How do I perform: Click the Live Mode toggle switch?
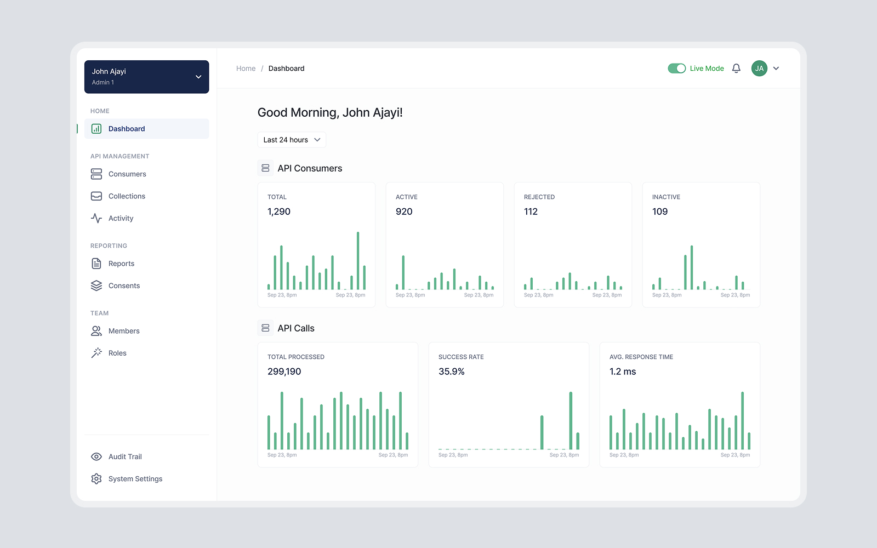pyautogui.click(x=676, y=68)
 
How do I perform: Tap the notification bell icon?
pyautogui.click(x=736, y=68)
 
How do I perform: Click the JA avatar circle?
pyautogui.click(x=759, y=68)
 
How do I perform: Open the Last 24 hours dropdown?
pyautogui.click(x=292, y=140)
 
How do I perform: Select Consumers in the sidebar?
pyautogui.click(x=127, y=174)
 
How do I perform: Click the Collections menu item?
pyautogui.click(x=127, y=196)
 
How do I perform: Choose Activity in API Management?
pyautogui.click(x=121, y=218)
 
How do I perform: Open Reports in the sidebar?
pyautogui.click(x=121, y=264)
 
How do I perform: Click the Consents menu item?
pyautogui.click(x=124, y=286)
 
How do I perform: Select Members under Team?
pyautogui.click(x=124, y=331)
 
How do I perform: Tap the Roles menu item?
pyautogui.click(x=117, y=353)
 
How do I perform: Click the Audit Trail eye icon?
pyautogui.click(x=96, y=456)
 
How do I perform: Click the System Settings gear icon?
pyautogui.click(x=96, y=479)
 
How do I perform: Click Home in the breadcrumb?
pyautogui.click(x=246, y=68)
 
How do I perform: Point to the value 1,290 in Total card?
pyautogui.click(x=279, y=212)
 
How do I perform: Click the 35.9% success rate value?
pyautogui.click(x=451, y=372)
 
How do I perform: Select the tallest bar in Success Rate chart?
pyautogui.click(x=571, y=421)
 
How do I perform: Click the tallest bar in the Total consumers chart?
pyautogui.click(x=358, y=261)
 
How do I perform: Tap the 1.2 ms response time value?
pyautogui.click(x=623, y=372)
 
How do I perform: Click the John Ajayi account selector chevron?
pyautogui.click(x=198, y=77)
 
